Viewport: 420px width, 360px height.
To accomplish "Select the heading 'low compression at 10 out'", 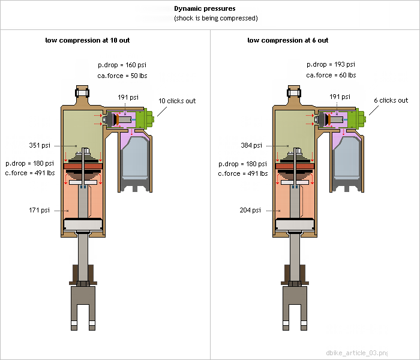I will coord(88,40).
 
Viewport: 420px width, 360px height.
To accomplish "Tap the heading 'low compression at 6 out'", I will coord(288,40).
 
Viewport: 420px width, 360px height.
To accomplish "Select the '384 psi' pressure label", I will coord(250,145).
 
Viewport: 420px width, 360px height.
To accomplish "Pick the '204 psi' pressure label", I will coord(250,210).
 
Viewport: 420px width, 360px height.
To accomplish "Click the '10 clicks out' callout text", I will coord(177,101).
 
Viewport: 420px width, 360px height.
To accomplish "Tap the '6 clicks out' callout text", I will coord(391,101).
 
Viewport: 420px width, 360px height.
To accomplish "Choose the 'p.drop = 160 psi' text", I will coord(122,65).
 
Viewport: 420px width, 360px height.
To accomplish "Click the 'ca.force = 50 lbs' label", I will coord(122,76).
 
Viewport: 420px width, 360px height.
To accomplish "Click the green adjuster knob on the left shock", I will coord(144,120).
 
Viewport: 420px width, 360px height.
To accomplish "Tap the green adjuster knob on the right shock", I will coord(356,120).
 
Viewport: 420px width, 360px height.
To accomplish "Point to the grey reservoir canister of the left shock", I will coord(136,159).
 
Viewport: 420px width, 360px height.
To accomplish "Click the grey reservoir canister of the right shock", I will coord(347,159).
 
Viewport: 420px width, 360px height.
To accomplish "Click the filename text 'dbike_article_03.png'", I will coord(357,352).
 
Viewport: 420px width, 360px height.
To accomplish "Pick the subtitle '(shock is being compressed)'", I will coord(216,19).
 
